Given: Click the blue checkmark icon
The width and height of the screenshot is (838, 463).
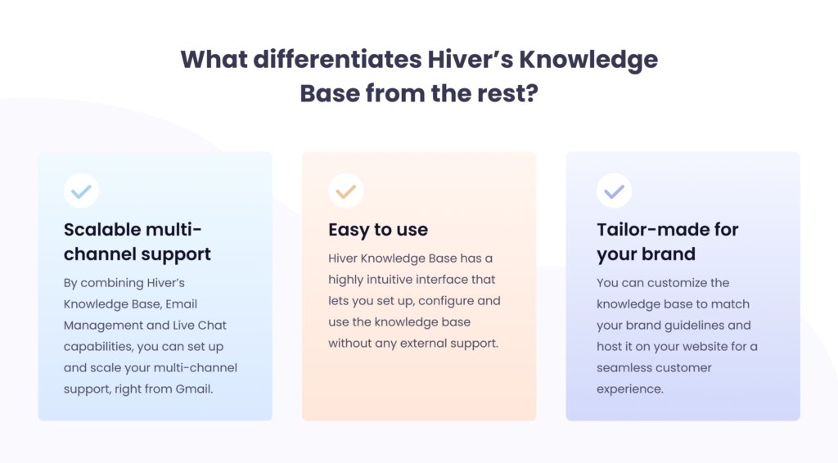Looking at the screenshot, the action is pos(81,191).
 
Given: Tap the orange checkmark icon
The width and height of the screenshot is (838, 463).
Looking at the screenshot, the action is pos(346,191).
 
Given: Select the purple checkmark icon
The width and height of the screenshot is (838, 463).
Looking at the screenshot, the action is pos(614,191).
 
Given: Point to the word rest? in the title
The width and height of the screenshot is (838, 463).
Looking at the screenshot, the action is pos(507,93).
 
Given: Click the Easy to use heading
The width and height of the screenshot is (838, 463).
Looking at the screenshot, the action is pos(378,230).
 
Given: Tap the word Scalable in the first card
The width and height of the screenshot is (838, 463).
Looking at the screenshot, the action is pos(102,230).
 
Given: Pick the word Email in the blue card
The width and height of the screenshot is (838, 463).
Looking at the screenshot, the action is pos(181,303).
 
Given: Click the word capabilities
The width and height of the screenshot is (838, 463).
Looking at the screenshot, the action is pos(98,347).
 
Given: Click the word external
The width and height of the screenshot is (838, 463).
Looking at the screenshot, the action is pos(423,344).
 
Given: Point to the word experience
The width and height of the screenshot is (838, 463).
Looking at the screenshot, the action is pos(630,389).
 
